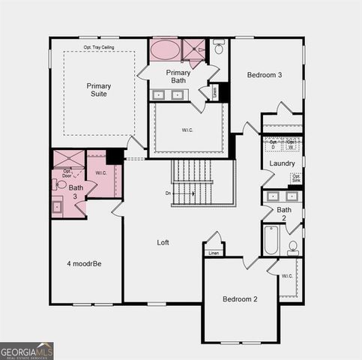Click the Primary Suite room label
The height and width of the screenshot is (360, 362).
tap(98, 90)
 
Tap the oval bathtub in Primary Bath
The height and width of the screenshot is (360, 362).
tap(165, 50)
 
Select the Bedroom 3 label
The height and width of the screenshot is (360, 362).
tap(264, 75)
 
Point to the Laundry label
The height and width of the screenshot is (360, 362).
tap(283, 163)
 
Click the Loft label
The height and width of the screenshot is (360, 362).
tap(163, 242)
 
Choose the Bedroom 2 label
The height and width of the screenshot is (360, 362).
tap(240, 298)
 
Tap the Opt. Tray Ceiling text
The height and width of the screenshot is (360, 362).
tap(98, 47)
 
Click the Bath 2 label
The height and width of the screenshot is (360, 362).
tap(284, 214)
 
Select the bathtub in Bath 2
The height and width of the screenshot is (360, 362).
tap(271, 240)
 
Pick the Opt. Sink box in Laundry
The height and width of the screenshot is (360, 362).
tap(296, 178)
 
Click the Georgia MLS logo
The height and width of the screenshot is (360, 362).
tap(27, 350)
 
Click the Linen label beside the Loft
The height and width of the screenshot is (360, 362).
tap(214, 253)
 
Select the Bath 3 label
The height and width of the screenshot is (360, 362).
tap(76, 192)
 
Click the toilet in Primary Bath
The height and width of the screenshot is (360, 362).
tap(219, 47)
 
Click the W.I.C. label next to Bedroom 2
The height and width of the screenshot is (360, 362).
tap(287, 276)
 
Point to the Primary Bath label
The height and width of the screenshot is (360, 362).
tap(178, 76)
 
